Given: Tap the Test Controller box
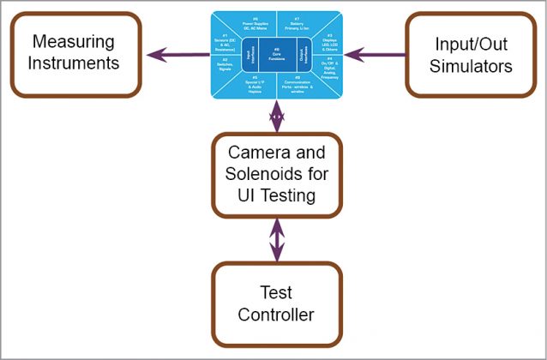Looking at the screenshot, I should pos(276,303).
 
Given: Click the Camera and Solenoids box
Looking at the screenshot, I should pos(276,174).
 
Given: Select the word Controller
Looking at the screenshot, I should pos(276,315).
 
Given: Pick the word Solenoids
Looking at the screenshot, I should pos(276,174).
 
